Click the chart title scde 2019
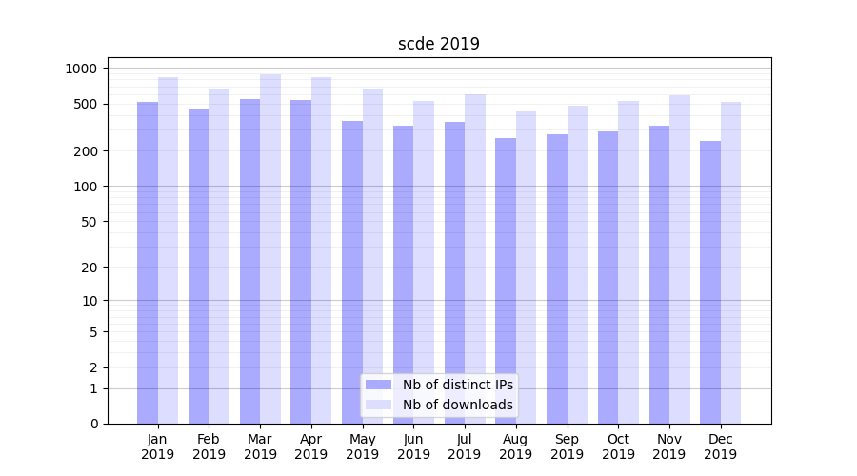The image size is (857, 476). (x=438, y=44)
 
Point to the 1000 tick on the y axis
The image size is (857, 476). (x=81, y=69)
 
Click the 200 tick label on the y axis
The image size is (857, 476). (x=86, y=151)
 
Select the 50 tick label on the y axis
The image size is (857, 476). (x=90, y=222)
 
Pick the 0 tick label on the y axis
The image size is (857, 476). (x=93, y=424)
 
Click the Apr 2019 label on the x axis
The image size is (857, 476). (x=311, y=446)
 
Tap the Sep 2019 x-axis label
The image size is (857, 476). (x=567, y=446)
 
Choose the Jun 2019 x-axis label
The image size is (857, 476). (x=413, y=446)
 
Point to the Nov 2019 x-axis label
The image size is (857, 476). (x=669, y=446)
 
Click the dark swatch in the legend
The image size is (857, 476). (x=379, y=385)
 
